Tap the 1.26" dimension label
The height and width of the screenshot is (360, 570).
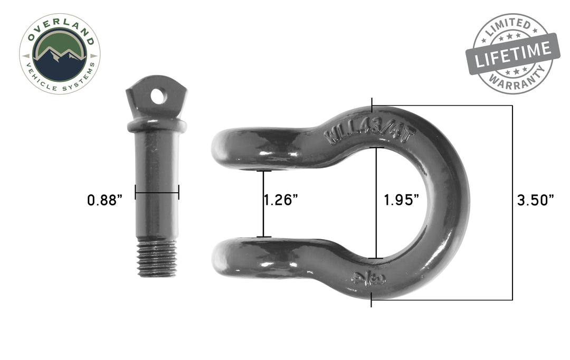pos(281,200)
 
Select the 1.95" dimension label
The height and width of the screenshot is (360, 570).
pos(402,200)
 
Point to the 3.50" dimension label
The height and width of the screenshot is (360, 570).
pos(536,200)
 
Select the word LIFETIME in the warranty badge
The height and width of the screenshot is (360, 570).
pos(512,53)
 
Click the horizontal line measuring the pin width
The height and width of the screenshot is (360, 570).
pos(157,192)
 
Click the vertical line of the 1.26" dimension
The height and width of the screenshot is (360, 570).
pos(264,204)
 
